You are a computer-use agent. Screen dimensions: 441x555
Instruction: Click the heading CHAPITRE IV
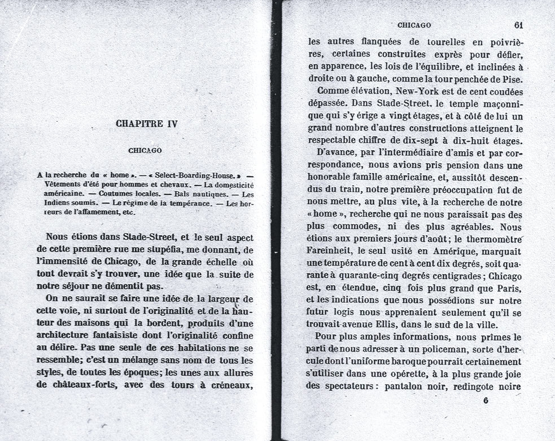(x=146, y=124)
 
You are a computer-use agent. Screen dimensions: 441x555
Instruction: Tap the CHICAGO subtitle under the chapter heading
(x=145, y=151)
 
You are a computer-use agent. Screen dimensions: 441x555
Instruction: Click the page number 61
(x=519, y=25)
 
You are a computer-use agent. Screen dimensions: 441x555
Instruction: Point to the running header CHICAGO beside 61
(x=414, y=25)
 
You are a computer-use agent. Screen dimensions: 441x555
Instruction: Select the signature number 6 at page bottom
(x=486, y=400)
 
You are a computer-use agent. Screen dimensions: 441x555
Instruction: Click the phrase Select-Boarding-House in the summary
(x=194, y=175)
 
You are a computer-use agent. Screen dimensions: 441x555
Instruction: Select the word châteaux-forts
(x=83, y=386)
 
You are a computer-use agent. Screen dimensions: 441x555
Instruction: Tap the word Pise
(x=511, y=78)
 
